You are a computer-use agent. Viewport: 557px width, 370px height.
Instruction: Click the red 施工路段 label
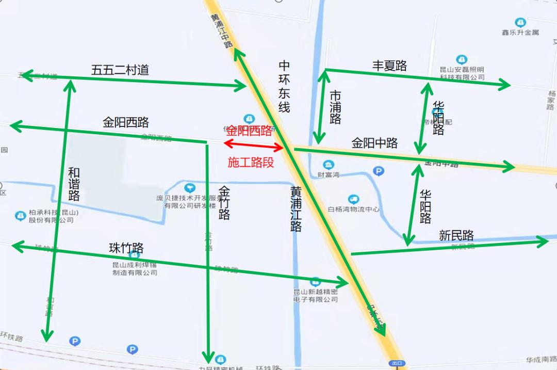point(251,162)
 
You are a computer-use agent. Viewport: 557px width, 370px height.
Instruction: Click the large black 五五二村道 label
point(120,70)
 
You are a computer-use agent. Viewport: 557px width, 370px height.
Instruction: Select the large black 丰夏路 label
point(390,66)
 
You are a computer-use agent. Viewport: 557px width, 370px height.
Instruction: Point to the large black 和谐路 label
point(74,184)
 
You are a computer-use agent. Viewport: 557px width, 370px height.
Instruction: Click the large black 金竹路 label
point(224,203)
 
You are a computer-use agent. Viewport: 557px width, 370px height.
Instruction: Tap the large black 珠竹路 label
point(126,248)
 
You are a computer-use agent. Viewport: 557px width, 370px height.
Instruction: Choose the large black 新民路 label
point(456,235)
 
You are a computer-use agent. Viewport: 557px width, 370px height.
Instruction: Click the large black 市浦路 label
point(335,107)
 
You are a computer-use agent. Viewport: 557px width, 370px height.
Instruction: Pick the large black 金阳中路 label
point(375,143)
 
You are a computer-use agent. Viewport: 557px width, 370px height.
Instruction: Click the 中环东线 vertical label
point(284,86)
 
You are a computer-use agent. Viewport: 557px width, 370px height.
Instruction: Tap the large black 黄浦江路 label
point(296,209)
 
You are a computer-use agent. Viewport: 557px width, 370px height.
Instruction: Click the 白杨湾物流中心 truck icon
point(353,199)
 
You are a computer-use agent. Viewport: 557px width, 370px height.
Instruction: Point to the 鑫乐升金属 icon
point(520,23)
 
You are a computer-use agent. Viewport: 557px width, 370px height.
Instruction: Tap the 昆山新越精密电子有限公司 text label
point(316,295)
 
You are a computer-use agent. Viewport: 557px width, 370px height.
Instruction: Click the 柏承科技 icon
point(20,215)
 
